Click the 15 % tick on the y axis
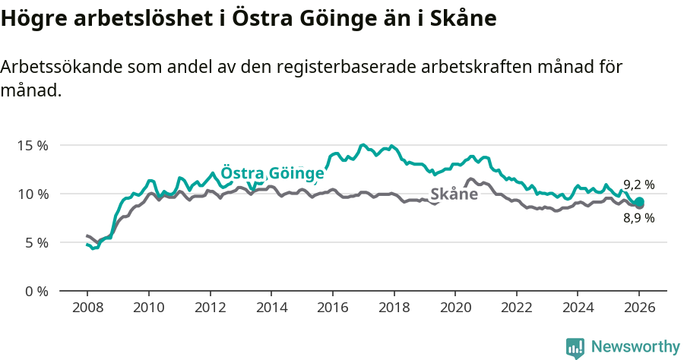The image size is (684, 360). coord(33,145)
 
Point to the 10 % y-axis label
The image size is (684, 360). coord(33,194)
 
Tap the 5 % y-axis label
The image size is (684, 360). coord(36,242)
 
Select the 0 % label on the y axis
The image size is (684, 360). coord(36,291)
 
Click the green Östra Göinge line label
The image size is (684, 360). coord(272,172)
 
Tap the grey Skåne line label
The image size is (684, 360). coord(454,194)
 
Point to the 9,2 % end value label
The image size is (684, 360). coord(638,185)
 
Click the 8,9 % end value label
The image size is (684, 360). coord(638,218)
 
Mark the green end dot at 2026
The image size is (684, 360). coord(639,202)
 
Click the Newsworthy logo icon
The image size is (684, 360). coord(575,348)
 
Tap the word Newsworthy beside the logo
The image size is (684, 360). coord(635,347)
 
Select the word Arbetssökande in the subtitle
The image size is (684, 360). coord(54,67)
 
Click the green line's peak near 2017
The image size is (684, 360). coord(363,145)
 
